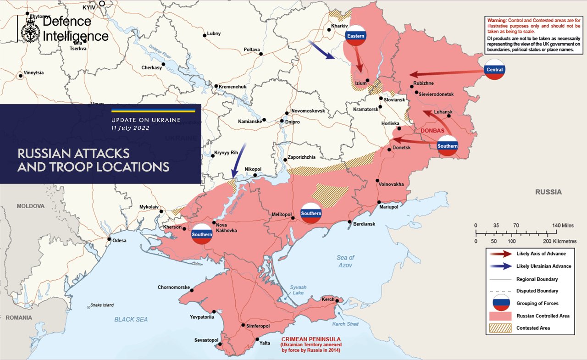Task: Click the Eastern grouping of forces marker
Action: pyautogui.click(x=356, y=36)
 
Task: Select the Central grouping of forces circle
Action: pyautogui.click(x=494, y=70)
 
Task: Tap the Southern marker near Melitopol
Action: pyautogui.click(x=311, y=213)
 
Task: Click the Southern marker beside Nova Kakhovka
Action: pyautogui.click(x=202, y=234)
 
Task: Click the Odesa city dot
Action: pyautogui.click(x=109, y=239)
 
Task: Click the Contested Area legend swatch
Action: pyautogui.click(x=501, y=327)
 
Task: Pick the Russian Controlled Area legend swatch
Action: pyautogui.click(x=501, y=316)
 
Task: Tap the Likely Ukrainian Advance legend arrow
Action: pyautogui.click(x=501, y=266)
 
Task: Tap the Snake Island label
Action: pyautogui.click(x=102, y=305)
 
